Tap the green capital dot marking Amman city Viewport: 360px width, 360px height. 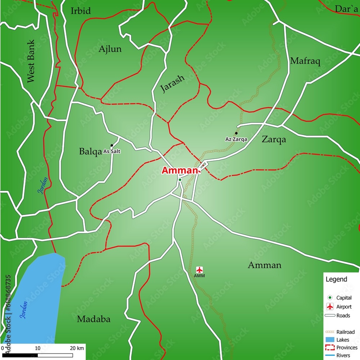click(180, 180)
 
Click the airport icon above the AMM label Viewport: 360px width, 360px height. click(199, 270)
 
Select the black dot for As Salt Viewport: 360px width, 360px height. click(112, 145)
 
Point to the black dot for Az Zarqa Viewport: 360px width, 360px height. click(236, 133)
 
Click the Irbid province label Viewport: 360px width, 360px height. click(81, 11)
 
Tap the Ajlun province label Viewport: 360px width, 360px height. click(110, 49)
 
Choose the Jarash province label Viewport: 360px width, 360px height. click(172, 84)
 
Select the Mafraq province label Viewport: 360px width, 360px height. click(305, 61)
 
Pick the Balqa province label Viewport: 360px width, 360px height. click(90, 152)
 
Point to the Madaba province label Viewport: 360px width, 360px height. click(94, 319)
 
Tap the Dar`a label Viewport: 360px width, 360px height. click(346, 9)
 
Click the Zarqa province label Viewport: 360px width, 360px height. click(274, 139)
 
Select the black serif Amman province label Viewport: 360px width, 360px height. click(265, 265)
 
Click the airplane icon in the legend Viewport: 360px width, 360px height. click(330, 307)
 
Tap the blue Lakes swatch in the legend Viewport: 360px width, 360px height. click(330, 339)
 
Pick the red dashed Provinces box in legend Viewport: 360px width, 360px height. click(330, 347)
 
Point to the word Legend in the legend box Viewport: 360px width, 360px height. click(336, 279)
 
